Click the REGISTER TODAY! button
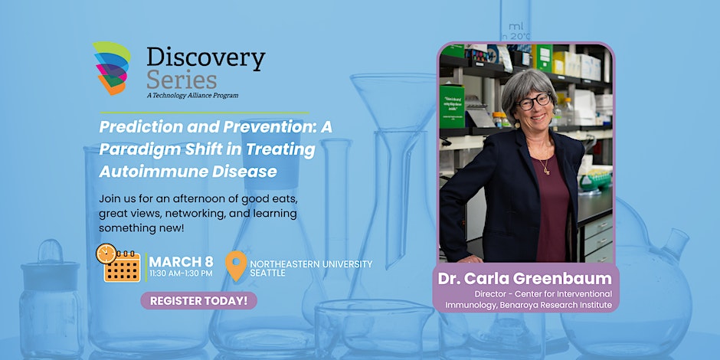(199, 301)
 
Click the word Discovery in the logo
(206, 59)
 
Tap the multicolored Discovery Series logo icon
(112, 68)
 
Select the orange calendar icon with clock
(118, 263)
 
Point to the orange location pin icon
(236, 266)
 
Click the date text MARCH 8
(181, 262)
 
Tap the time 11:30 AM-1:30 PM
(181, 273)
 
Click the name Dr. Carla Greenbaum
(525, 278)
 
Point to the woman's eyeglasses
(534, 101)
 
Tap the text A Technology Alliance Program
(192, 96)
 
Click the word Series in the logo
(182, 81)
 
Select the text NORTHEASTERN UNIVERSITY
(311, 264)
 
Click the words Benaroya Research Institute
(565, 304)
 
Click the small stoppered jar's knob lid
(51, 250)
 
